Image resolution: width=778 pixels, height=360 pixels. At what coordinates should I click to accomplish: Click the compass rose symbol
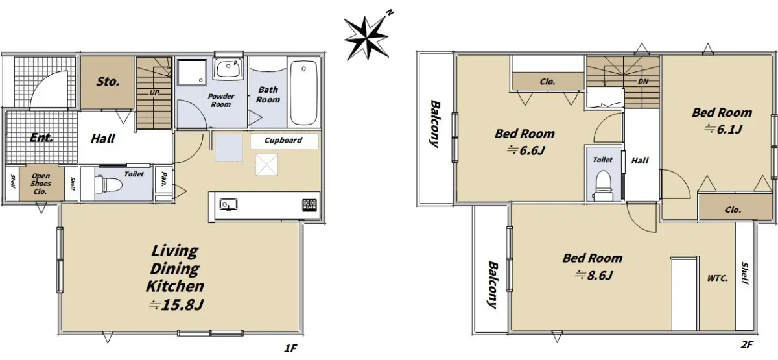(366, 38)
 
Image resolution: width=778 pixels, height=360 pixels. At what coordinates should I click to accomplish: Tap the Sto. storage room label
(108, 82)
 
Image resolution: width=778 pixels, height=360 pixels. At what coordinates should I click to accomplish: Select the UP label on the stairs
(154, 92)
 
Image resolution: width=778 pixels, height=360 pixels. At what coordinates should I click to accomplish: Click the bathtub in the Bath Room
(303, 93)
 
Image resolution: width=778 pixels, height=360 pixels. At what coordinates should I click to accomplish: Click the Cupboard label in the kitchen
(283, 140)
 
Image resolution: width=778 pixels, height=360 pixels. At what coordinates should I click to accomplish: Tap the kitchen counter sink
(228, 204)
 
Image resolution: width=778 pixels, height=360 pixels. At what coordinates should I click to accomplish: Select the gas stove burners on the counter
(309, 204)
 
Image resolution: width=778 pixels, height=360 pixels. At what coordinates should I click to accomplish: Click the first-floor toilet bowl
(108, 184)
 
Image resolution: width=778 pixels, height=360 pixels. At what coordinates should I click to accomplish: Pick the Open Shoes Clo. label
(41, 184)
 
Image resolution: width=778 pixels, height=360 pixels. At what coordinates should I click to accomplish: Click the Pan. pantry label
(164, 179)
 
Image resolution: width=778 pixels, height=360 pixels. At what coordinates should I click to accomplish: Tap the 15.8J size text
(177, 305)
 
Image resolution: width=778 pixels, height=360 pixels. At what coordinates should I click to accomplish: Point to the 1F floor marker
(290, 348)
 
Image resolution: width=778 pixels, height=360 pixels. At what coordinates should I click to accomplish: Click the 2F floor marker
(747, 344)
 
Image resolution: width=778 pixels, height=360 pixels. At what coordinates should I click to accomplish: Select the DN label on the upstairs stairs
(643, 82)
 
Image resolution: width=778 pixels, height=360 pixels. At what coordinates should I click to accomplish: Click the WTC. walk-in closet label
(718, 278)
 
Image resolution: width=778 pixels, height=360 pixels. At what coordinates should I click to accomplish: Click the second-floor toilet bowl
(604, 184)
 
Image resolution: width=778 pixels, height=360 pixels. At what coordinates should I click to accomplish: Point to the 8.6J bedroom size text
(594, 275)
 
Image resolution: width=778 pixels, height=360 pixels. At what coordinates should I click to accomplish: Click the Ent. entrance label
(41, 138)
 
